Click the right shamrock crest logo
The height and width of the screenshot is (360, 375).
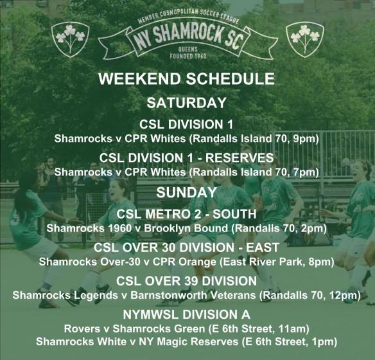pos(304,38)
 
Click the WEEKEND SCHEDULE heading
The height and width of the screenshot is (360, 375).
pos(186,80)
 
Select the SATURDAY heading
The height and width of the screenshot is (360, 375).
pos(186,103)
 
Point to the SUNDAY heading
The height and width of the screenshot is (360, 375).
pos(186,192)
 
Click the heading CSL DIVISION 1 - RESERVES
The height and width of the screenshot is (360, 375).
pos(186,158)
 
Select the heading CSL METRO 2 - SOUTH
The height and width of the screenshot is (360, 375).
pos(186,214)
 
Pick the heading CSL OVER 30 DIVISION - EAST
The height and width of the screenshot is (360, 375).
pos(186,248)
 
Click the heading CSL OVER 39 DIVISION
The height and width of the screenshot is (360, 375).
pos(186,282)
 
